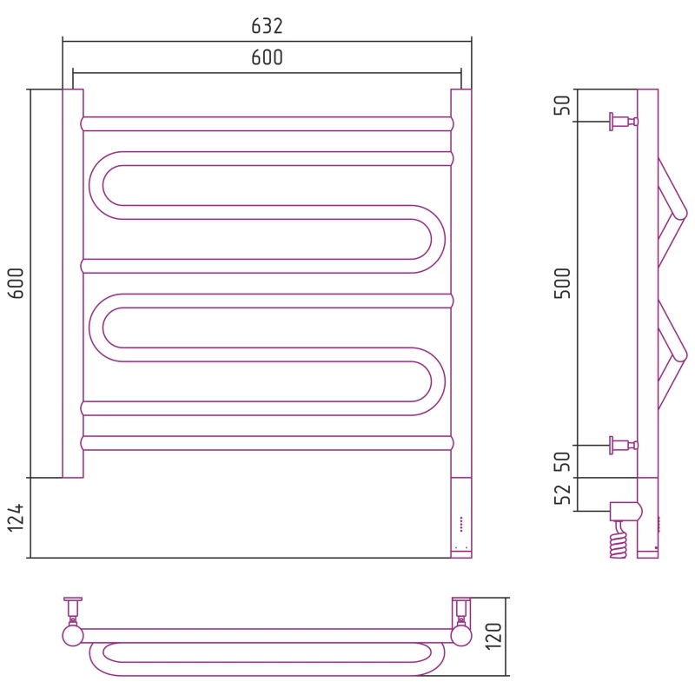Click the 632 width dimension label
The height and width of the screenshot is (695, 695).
(x=267, y=26)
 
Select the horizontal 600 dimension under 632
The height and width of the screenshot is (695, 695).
(x=267, y=57)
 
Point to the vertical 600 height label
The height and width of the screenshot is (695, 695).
(x=16, y=283)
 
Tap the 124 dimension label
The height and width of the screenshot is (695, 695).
(x=16, y=517)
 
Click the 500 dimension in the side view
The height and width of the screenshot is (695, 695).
(x=562, y=283)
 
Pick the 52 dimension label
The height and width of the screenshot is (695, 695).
(x=562, y=494)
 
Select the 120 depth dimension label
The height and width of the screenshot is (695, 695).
(x=493, y=637)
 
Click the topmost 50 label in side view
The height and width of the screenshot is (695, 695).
(x=562, y=105)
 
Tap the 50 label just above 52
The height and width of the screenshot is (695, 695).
(x=562, y=461)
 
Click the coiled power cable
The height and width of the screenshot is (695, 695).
(x=619, y=539)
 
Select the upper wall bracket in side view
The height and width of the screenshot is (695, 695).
(x=624, y=122)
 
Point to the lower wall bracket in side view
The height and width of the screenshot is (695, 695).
(x=624, y=445)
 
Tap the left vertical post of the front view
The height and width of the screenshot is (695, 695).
(x=73, y=283)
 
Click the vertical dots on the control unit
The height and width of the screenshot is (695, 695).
(x=461, y=524)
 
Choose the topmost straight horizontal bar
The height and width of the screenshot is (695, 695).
(x=267, y=123)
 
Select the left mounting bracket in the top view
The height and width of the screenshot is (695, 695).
(x=73, y=621)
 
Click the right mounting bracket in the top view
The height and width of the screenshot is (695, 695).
(x=461, y=621)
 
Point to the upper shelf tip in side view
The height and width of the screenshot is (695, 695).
(x=679, y=214)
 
